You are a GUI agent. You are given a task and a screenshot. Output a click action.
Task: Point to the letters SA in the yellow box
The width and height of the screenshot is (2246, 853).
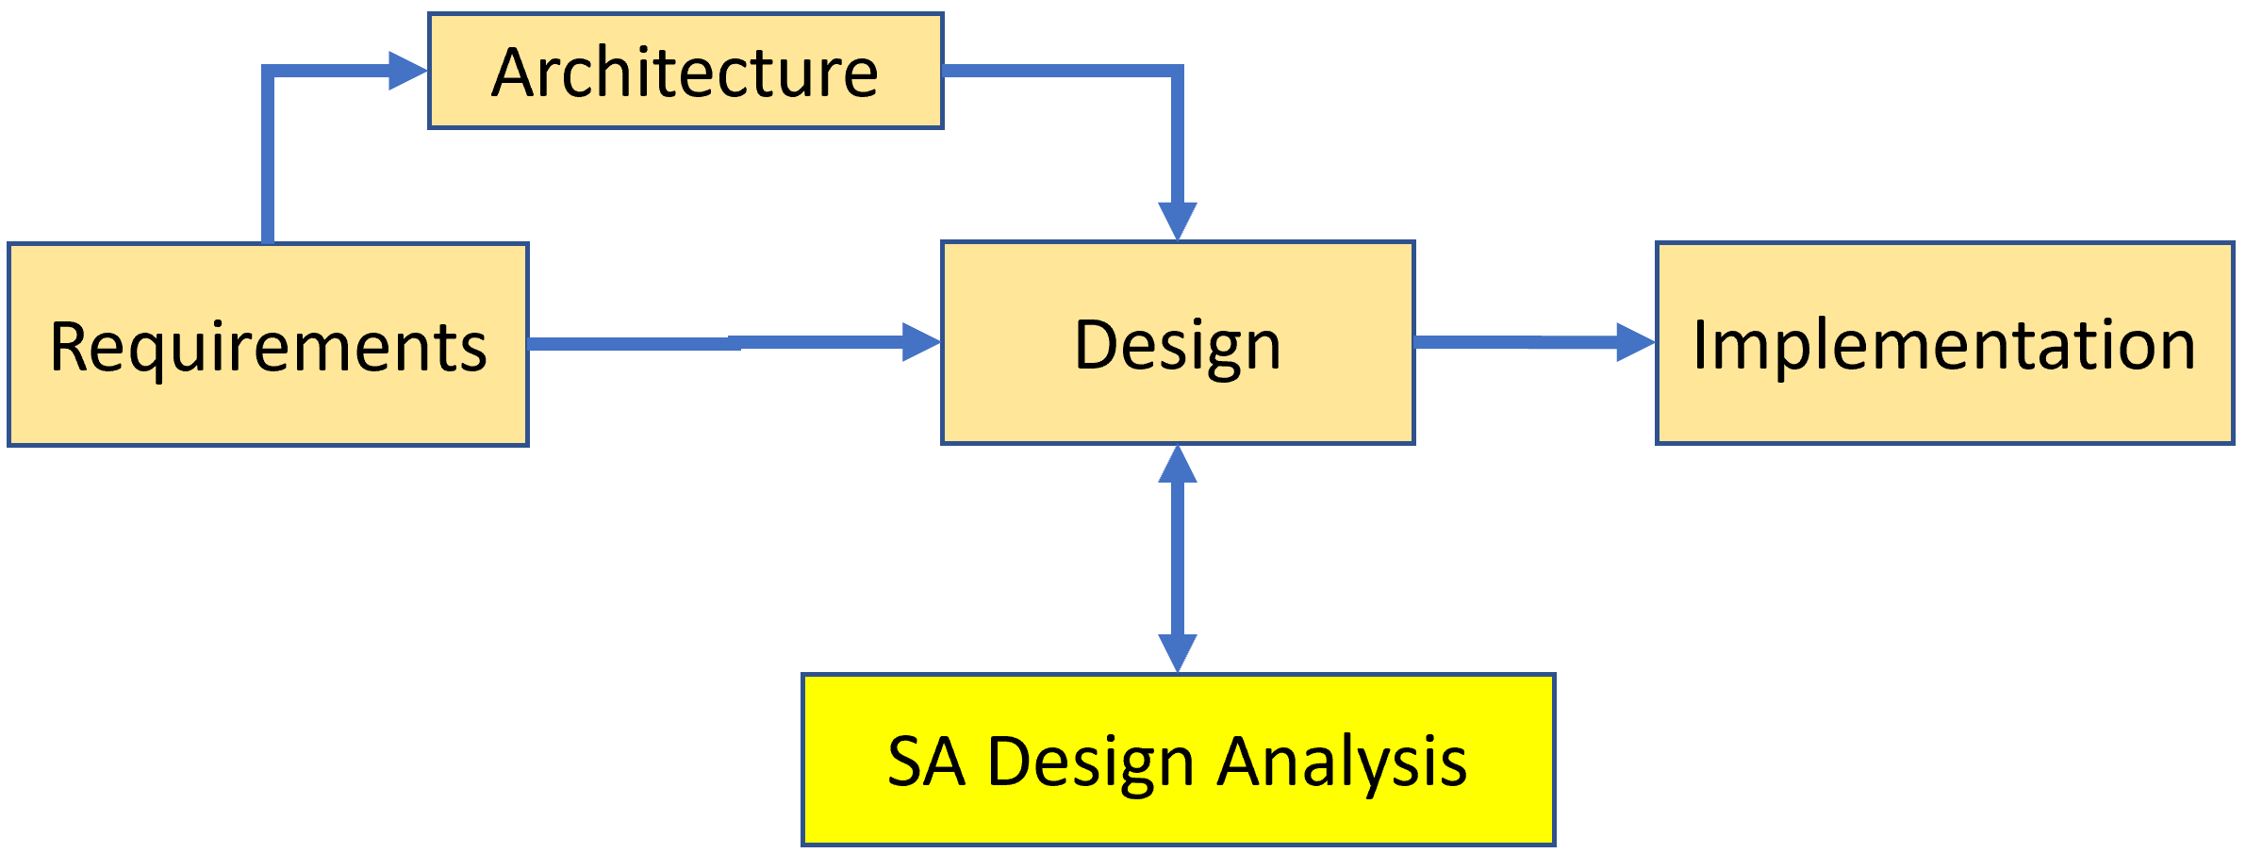coord(926,762)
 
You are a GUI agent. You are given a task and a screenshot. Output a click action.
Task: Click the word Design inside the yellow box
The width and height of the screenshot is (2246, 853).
coord(1091,762)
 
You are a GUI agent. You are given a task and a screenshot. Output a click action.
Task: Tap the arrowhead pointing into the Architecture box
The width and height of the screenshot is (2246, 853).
coord(407,71)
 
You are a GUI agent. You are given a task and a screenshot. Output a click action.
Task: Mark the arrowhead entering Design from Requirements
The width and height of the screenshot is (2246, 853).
coord(921,342)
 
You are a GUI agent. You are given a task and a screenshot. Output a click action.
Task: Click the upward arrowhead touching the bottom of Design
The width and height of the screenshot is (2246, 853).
coord(1178,465)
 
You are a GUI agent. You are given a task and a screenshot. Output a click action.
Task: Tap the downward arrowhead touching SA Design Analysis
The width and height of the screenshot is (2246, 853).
coord(1178,652)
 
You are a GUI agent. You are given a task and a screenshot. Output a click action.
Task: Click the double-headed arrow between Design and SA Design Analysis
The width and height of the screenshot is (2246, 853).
coord(1178,558)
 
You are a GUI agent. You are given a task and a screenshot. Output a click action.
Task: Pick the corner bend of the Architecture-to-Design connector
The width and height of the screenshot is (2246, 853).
coord(1177,72)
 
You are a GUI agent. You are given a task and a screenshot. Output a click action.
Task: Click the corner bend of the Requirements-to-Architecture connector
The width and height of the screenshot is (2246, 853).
coord(269,72)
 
